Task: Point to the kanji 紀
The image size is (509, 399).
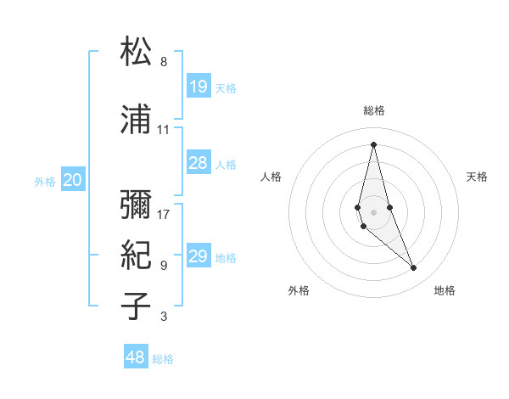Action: click(x=136, y=255)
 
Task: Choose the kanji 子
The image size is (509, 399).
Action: click(x=136, y=306)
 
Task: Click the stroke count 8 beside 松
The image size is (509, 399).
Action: click(x=164, y=62)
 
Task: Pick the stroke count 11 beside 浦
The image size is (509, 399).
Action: click(x=164, y=130)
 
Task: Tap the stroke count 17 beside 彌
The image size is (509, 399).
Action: click(x=164, y=214)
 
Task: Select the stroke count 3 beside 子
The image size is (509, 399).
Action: click(x=164, y=317)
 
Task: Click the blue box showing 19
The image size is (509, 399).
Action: click(x=199, y=87)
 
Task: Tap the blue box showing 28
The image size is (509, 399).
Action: click(x=199, y=163)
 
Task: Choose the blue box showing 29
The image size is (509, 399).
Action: click(x=199, y=256)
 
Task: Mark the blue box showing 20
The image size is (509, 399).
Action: click(x=73, y=180)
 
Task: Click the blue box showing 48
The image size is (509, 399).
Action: click(x=136, y=357)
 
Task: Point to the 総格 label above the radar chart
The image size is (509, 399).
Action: click(x=374, y=110)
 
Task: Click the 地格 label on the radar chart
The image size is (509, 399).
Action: click(x=445, y=291)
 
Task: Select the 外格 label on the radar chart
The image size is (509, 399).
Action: click(x=299, y=291)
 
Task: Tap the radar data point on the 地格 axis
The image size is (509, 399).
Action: click(x=414, y=268)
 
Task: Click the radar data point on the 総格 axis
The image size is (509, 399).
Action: click(x=373, y=143)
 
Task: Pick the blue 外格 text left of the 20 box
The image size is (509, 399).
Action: click(x=45, y=181)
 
